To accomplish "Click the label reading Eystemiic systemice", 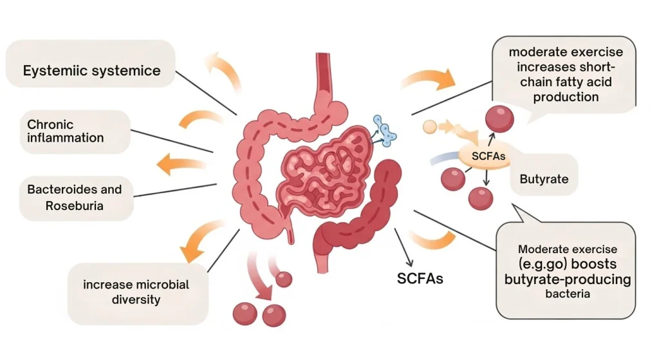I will click(x=91, y=70).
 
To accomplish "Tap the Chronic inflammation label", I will click(x=64, y=131).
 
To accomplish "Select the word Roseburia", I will click(x=74, y=206).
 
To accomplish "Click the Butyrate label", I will click(x=544, y=179).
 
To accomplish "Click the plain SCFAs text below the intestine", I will click(x=420, y=279).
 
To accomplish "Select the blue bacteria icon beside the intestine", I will click(x=385, y=129).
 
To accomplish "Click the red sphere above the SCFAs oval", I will click(x=499, y=119).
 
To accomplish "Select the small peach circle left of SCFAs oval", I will click(x=430, y=127).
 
